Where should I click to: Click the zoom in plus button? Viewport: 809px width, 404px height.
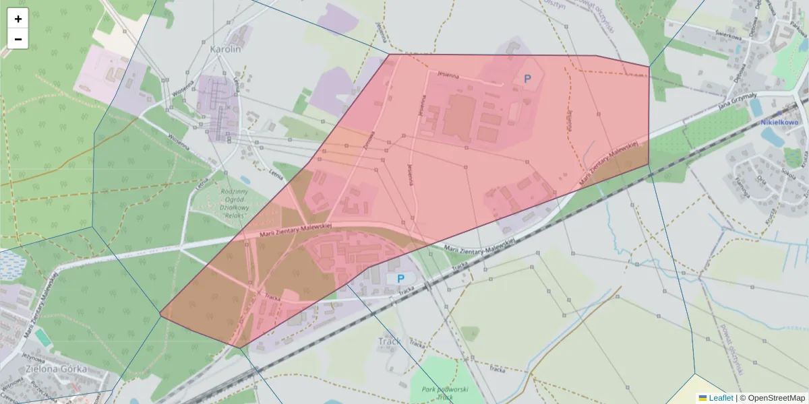pos(18,19)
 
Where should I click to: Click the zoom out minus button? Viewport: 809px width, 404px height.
pos(18,39)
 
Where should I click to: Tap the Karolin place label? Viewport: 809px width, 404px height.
pos(225,49)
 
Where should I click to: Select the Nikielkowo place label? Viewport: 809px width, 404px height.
pos(779,123)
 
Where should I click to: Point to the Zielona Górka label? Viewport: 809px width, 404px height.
pos(56,369)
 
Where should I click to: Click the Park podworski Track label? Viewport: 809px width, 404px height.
pos(444,393)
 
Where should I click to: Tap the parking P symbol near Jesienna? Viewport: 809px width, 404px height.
pos(527,79)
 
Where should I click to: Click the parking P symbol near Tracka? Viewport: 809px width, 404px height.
pos(400,278)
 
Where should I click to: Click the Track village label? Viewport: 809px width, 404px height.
pos(389,341)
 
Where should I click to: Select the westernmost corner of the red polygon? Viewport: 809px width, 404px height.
pos(160,314)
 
